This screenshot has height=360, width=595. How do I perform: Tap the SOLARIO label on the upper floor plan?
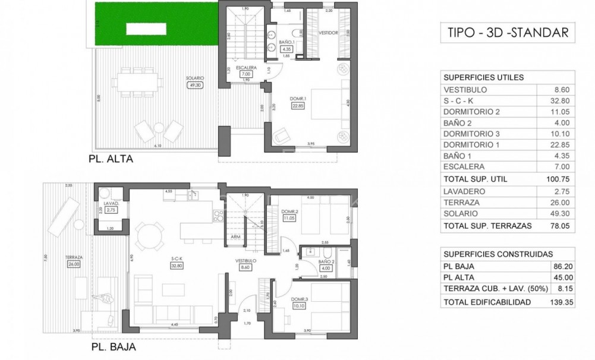[x=195, y=78]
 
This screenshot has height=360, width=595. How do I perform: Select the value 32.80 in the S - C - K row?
[x=563, y=101]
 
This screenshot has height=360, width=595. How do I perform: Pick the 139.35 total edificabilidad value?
[x=561, y=302]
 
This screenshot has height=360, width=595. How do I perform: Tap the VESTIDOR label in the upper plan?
[x=329, y=33]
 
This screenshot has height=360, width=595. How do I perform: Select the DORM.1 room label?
[x=297, y=99]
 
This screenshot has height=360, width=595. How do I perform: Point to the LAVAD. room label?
[x=111, y=203]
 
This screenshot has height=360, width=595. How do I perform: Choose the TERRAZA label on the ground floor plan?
[x=74, y=258]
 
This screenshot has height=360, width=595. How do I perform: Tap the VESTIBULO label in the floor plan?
[x=245, y=261]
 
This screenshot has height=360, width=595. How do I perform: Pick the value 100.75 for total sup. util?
[x=561, y=179]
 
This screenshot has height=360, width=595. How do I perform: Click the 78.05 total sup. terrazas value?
[x=562, y=225]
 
